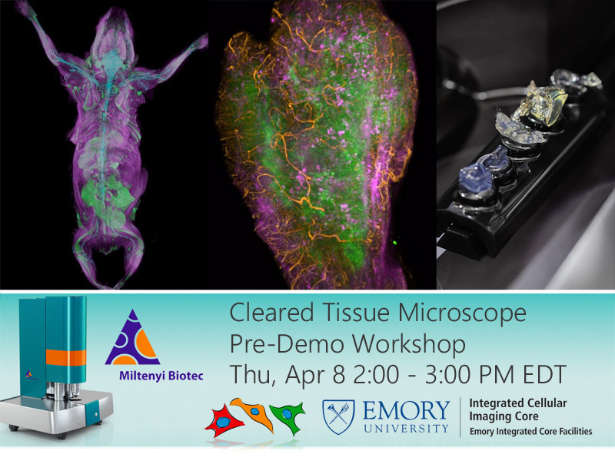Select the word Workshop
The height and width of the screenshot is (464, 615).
[x=409, y=343]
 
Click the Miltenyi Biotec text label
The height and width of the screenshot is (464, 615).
[x=161, y=376]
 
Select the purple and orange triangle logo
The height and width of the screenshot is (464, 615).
[x=132, y=338]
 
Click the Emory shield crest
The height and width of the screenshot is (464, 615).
[x=338, y=416]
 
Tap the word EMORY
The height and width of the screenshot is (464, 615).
[x=406, y=410]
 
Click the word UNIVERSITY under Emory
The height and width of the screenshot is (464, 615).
[x=406, y=429]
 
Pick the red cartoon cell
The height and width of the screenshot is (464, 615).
[x=224, y=422]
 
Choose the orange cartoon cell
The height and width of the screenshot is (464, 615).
[x=254, y=413]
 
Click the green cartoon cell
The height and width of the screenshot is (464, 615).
[x=289, y=416]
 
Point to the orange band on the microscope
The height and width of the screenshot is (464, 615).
[x=66, y=357]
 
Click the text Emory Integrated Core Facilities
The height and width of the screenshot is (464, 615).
[x=531, y=432]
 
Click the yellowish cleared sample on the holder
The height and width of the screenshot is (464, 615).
[x=542, y=103]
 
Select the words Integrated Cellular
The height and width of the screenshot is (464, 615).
[x=518, y=403]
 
